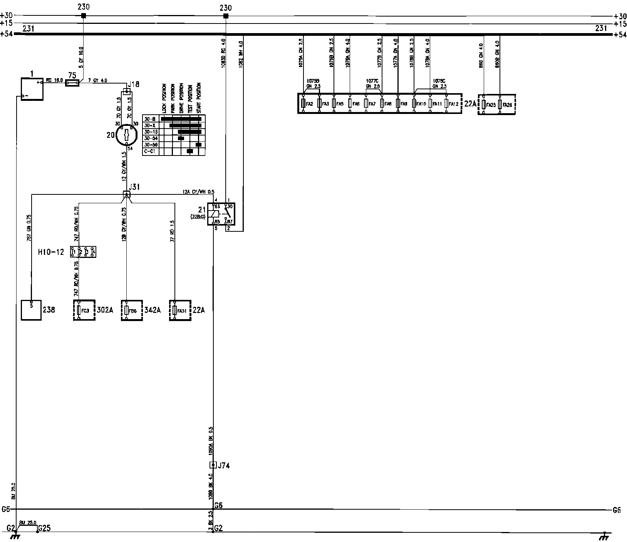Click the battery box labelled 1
click(x=32, y=89)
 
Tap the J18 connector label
click(x=134, y=84)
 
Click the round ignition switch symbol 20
click(x=127, y=135)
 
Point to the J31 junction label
click(x=134, y=187)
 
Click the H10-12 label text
click(x=51, y=252)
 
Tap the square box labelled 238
click(x=31, y=310)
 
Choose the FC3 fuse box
click(x=84, y=310)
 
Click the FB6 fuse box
click(x=132, y=310)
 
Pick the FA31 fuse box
click(x=180, y=310)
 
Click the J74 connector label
click(x=224, y=465)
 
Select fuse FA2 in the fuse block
click(x=303, y=104)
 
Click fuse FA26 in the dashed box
click(x=500, y=104)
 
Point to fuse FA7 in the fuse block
click(x=366, y=104)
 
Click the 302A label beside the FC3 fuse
click(x=104, y=310)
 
